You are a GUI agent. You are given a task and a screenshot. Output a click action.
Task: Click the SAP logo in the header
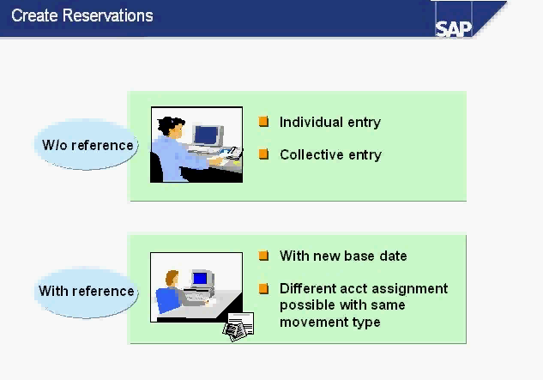pos(453,29)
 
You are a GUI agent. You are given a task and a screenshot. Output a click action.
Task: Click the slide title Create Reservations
pos(82,15)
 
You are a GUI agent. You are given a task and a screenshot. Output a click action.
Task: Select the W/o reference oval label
pos(87,145)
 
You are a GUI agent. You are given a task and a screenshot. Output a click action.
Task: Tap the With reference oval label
pos(87,291)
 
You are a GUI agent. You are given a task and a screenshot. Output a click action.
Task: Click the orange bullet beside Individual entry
pos(263,122)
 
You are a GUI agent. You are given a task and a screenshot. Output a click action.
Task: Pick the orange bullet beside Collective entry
pos(263,154)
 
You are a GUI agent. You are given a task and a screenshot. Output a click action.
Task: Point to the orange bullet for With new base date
pos(263,256)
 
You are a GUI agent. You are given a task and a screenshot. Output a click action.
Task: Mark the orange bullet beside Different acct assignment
pos(263,288)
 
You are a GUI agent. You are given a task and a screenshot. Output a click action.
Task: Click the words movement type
pos(330,323)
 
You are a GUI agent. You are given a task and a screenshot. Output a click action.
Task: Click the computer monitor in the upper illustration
pos(207,136)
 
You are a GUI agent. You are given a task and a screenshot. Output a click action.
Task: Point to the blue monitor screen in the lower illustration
pos(200,278)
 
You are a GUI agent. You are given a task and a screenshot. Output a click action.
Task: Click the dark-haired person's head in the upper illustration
pos(171,126)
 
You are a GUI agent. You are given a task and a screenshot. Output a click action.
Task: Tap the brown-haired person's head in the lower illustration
pos(172,278)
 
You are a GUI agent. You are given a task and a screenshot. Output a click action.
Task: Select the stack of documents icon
pos(238,327)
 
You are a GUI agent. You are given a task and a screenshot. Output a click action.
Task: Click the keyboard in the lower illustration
pos(196,296)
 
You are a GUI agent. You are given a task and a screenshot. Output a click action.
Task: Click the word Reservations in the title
pos(108,15)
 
